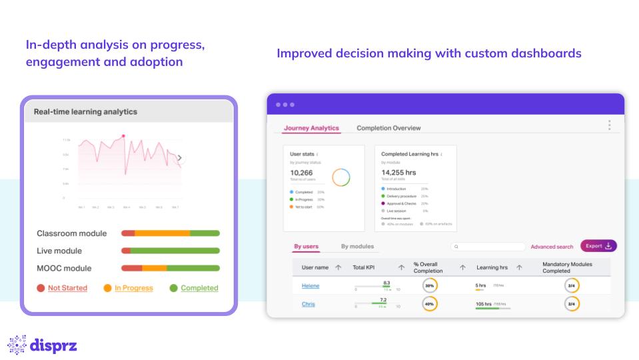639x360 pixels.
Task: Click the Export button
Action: (598, 246)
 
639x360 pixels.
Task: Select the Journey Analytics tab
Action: (311, 128)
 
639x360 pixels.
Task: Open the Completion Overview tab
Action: (388, 128)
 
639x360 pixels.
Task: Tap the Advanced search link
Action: (552, 247)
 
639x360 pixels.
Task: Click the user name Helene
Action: (311, 285)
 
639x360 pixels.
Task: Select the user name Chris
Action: (308, 304)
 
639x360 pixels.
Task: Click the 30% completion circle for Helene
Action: (430, 285)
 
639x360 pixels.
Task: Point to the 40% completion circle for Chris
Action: (430, 304)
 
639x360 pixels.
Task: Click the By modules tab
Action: (357, 247)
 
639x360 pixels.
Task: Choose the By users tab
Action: (307, 247)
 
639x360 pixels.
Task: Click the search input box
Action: (488, 247)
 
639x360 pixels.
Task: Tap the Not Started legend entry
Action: (67, 288)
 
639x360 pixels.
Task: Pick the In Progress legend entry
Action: (133, 288)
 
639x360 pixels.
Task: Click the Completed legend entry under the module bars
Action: (199, 288)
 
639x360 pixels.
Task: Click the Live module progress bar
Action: (170, 251)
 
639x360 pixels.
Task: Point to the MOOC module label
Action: (64, 268)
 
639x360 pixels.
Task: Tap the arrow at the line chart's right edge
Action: (179, 158)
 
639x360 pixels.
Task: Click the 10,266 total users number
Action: (302, 173)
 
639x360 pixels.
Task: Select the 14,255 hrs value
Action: (398, 173)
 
